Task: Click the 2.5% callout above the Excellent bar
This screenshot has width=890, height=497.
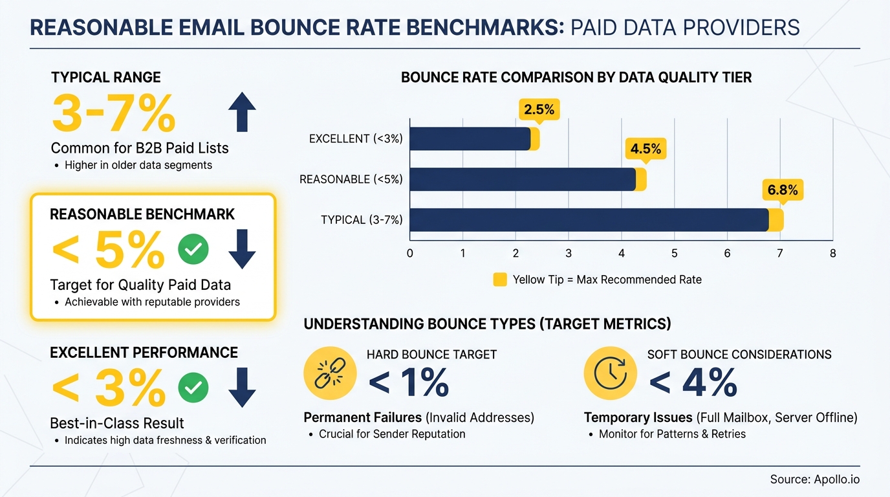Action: (x=539, y=109)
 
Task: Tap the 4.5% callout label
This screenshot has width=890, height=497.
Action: (x=646, y=149)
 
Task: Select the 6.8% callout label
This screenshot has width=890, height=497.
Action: (x=783, y=190)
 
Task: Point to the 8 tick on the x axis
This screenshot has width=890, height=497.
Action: (x=832, y=253)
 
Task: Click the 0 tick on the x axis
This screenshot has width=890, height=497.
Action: (x=410, y=253)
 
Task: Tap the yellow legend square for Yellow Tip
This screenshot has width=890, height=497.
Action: (x=500, y=280)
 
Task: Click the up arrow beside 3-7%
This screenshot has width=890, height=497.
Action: (x=243, y=111)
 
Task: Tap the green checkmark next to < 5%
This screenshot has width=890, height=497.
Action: (x=193, y=249)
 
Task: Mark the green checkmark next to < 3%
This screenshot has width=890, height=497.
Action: (x=193, y=387)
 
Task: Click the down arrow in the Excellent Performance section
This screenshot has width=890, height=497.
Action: (x=243, y=387)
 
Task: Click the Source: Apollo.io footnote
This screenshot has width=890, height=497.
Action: (x=814, y=480)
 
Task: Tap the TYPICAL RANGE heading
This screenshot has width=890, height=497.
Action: (x=106, y=78)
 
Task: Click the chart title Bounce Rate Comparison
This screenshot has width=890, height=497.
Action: (x=576, y=78)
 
